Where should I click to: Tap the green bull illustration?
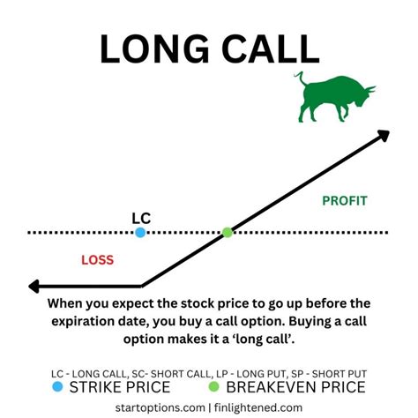coord(332,97)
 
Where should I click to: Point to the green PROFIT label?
coord(344,201)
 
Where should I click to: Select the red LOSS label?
coord(97,260)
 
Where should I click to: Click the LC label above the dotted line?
coord(141,217)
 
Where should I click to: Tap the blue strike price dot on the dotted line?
coord(140,233)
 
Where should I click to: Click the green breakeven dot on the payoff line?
coord(228,233)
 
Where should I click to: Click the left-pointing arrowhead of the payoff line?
coord(35,286)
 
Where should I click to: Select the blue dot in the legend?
coord(57,385)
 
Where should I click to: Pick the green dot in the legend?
coord(213,385)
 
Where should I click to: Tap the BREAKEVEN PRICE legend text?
coord(295,385)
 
